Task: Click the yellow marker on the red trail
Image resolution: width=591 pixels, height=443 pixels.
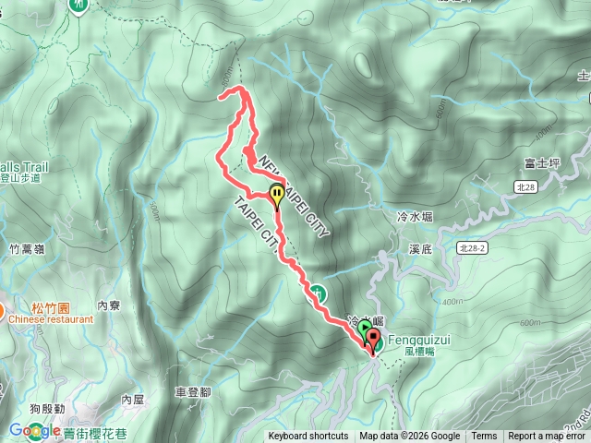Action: tap(277, 193)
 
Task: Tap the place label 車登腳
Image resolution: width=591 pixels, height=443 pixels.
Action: tap(192, 392)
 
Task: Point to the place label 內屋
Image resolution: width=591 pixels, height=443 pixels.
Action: tap(133, 400)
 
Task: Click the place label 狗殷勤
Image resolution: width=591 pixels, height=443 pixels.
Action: tap(46, 408)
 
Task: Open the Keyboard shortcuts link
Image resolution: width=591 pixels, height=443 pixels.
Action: tap(308, 437)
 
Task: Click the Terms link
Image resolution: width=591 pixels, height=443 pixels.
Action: tap(484, 437)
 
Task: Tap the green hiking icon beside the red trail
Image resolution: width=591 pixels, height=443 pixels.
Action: tap(317, 293)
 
